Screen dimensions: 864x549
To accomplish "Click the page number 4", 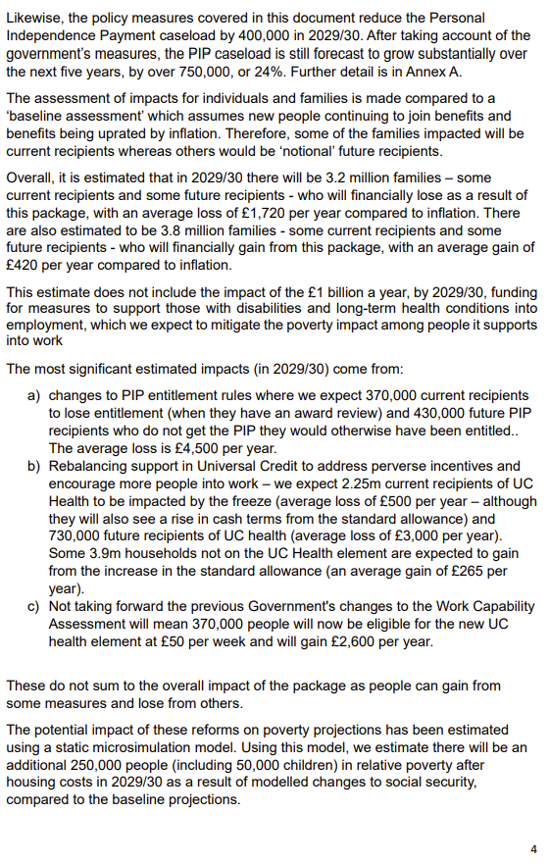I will point(533,848).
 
